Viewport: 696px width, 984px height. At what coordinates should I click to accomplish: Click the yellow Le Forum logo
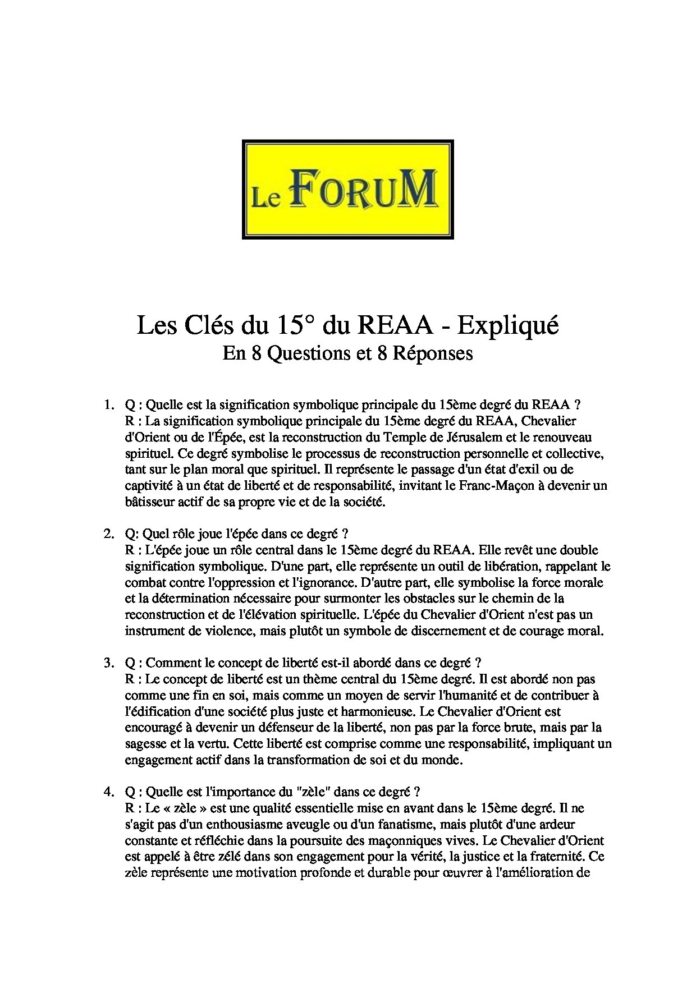coord(347,189)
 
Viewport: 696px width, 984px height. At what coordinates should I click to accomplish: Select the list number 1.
coord(107,404)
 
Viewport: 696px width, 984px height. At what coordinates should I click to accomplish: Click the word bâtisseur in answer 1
coord(146,502)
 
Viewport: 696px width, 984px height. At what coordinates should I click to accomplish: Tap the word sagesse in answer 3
coord(142,744)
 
